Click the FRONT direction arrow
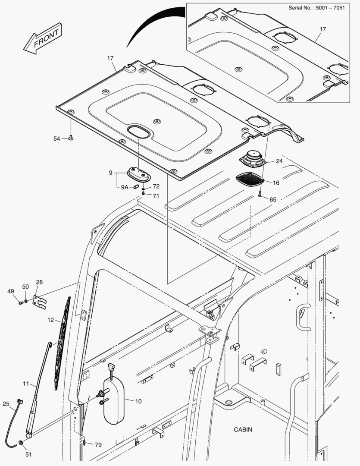click(42, 38)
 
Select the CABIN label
click(243, 429)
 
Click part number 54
click(57, 139)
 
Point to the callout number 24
click(279, 161)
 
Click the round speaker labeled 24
click(253, 160)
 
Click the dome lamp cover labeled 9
click(138, 175)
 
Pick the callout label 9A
click(124, 187)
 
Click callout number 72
click(156, 186)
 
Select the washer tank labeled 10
click(114, 397)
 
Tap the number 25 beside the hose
click(6, 404)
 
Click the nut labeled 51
click(21, 444)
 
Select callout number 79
click(98, 444)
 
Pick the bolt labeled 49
click(20, 303)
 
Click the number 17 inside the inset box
click(322, 29)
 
